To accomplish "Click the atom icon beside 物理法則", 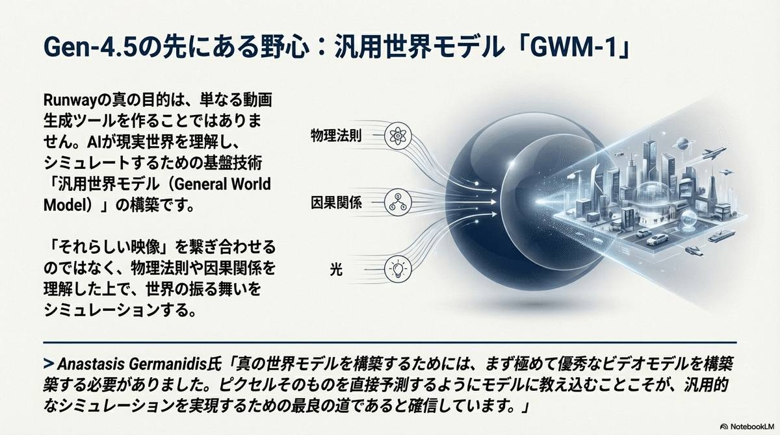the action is [398, 136].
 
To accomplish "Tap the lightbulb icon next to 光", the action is [398, 269].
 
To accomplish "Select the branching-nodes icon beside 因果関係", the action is [398, 203].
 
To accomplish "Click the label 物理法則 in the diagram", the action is [336, 136].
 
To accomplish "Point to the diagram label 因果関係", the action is [336, 203].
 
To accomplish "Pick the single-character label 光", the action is [336, 269].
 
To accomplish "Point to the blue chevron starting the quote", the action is [49, 364].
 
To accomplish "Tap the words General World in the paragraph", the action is [222, 184].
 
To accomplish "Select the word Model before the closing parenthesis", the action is [64, 205].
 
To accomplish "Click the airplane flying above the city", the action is [714, 153].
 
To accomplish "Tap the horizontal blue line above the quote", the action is [390, 343].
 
